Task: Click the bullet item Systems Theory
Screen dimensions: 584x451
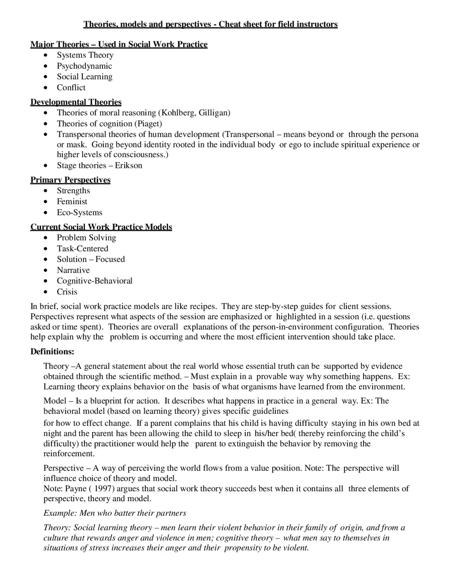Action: pyautogui.click(x=85, y=55)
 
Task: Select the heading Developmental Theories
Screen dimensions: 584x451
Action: pyautogui.click(x=76, y=102)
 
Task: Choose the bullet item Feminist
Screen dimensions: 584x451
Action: pyautogui.click(x=72, y=201)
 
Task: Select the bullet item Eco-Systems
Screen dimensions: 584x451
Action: pyautogui.click(x=80, y=212)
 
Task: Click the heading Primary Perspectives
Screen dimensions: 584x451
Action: pyautogui.click(x=70, y=180)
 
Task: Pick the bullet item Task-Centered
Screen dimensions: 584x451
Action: pyautogui.click(x=82, y=248)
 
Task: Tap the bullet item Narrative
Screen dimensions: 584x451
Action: pyautogui.click(x=73, y=270)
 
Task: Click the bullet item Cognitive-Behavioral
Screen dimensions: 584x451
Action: pyautogui.click(x=94, y=281)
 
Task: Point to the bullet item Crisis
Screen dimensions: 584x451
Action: pyautogui.click(x=67, y=292)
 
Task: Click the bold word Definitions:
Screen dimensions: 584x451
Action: pyautogui.click(x=52, y=352)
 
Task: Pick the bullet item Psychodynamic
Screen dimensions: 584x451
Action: pyautogui.click(x=84, y=66)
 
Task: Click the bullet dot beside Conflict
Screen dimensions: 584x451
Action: pyautogui.click(x=46, y=88)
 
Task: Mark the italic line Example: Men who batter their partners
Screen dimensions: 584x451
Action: pyautogui.click(x=115, y=513)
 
